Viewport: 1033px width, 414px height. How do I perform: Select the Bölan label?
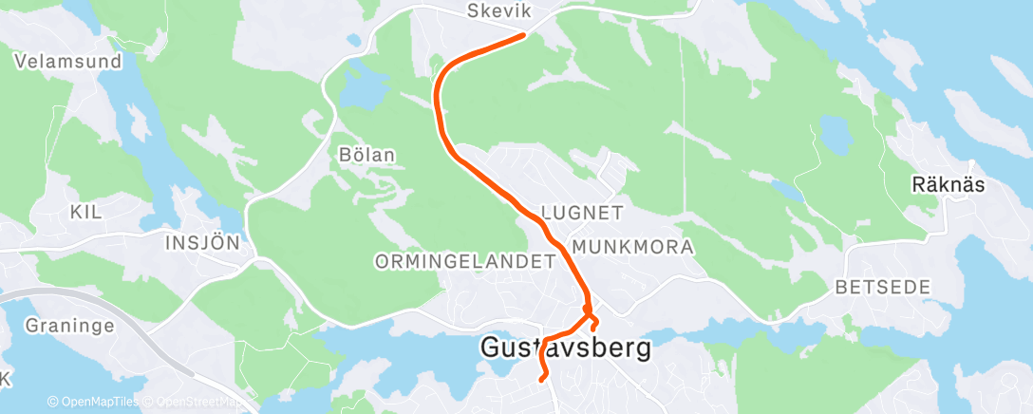pyautogui.click(x=366, y=154)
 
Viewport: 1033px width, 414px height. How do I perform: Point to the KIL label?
pyautogui.click(x=85, y=214)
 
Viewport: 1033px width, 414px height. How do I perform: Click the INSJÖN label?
pyautogui.click(x=202, y=241)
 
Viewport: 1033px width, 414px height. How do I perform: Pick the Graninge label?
pyautogui.click(x=71, y=326)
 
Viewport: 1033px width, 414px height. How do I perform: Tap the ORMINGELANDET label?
pyautogui.click(x=464, y=260)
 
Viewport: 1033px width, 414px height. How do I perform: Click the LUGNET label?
pyautogui.click(x=581, y=212)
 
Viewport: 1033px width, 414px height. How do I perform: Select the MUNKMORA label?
pyautogui.click(x=631, y=247)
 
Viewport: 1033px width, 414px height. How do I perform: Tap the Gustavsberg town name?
pyautogui.click(x=567, y=348)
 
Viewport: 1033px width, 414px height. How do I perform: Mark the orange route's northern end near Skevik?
pyautogui.click(x=523, y=36)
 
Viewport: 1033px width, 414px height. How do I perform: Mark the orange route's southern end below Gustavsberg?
pyautogui.click(x=542, y=379)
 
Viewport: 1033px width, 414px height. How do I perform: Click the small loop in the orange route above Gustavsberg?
pyautogui.click(x=591, y=317)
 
